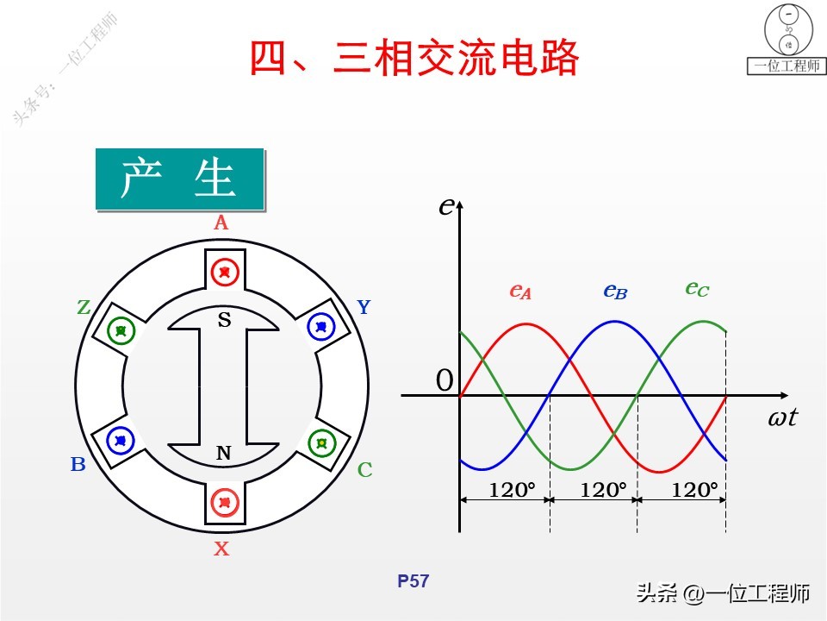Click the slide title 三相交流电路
point(413,58)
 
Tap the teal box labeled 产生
point(179,179)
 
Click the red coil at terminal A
point(224,272)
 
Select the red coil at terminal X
point(224,501)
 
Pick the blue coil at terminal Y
point(322,327)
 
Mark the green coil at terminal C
point(322,442)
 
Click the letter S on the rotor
point(224,321)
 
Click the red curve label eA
point(520,292)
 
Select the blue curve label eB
point(615,292)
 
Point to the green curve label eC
point(697,288)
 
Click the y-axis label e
point(445,205)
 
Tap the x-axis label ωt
point(782,419)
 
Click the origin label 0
point(445,380)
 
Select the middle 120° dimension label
point(603,490)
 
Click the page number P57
point(413,581)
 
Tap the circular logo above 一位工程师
point(787,28)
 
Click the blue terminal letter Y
point(364,307)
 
